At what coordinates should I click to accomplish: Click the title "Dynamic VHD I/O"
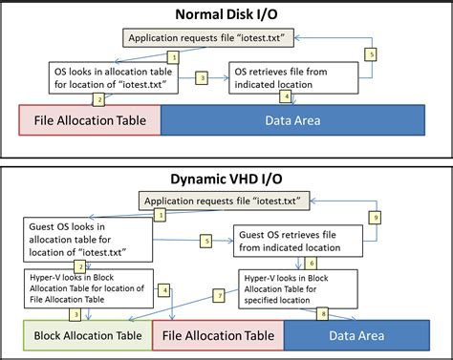226,179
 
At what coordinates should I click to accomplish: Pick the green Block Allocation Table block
88,334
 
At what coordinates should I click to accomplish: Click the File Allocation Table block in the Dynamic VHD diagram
218,334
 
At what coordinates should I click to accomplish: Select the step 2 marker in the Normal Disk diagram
97,98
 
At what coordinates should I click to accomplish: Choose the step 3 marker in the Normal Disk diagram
202,76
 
